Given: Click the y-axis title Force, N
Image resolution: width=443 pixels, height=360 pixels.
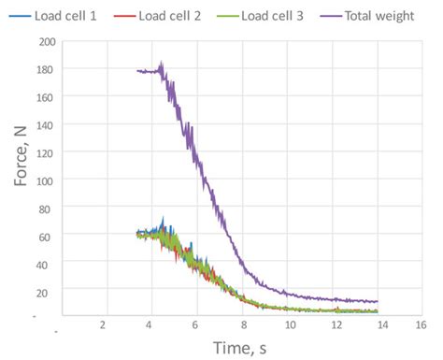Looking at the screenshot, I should tap(21, 178).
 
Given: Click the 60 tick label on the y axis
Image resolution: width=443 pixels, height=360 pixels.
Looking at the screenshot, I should tap(44, 237).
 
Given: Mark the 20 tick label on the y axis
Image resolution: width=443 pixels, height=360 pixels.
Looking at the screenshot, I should tap(44, 292).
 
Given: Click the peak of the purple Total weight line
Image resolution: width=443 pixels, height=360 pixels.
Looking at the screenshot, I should tap(162, 63).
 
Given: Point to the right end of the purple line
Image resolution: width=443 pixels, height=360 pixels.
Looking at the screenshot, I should tap(378, 302).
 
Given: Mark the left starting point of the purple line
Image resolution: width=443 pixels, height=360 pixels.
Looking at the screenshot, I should tap(137, 71).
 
